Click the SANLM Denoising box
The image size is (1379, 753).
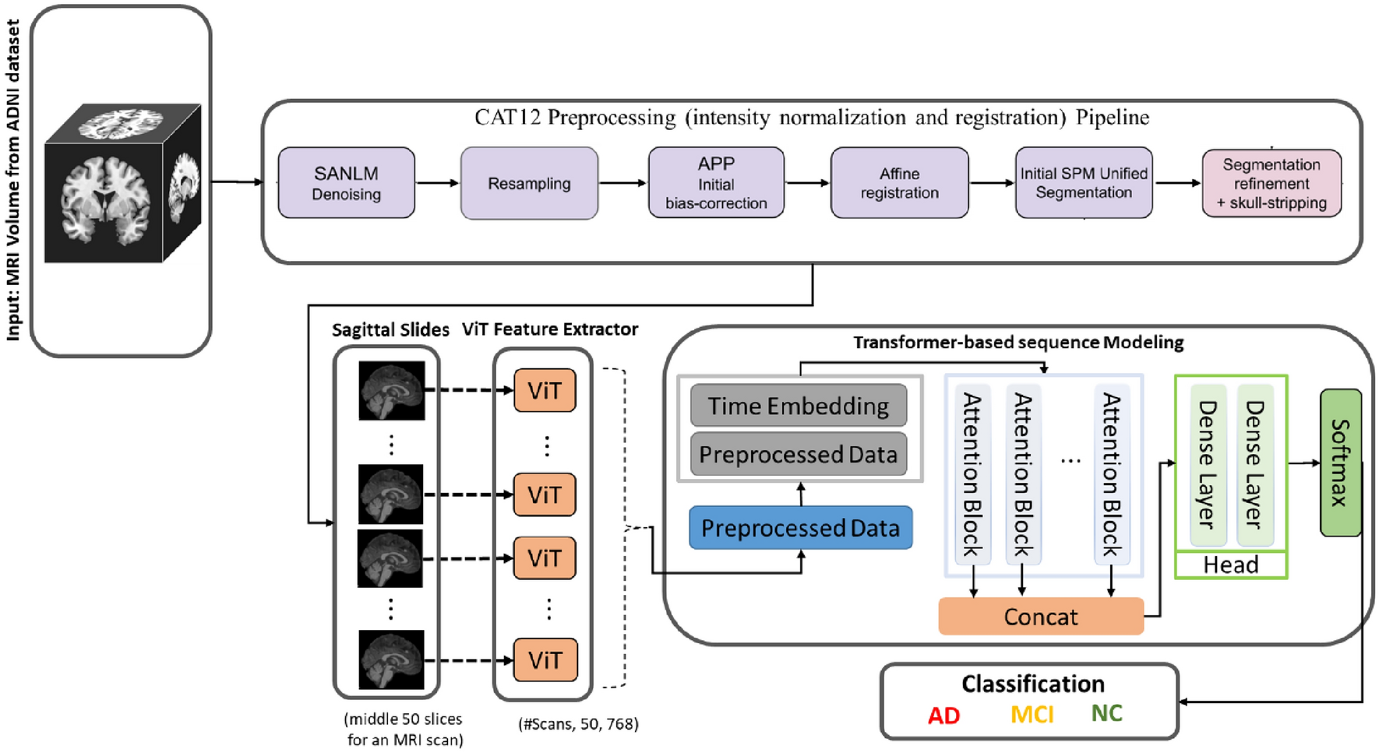[x=347, y=183]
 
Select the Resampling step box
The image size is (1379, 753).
[x=529, y=183]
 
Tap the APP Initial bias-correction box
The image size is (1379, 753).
[x=716, y=183]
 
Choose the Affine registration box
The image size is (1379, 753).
[x=900, y=183]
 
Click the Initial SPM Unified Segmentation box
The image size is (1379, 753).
[x=1084, y=183]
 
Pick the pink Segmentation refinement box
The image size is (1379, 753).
[x=1271, y=184]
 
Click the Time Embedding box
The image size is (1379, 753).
[x=799, y=406]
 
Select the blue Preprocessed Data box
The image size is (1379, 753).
[x=801, y=528]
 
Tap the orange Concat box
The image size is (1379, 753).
[x=1041, y=617]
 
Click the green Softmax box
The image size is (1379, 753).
[x=1341, y=463]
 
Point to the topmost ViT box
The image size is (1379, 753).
[x=545, y=390]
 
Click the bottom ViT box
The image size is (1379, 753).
[x=545, y=660]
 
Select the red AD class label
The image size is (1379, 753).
[x=943, y=716]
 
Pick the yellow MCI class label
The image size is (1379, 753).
[x=1032, y=714]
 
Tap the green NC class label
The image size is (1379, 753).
[x=1106, y=713]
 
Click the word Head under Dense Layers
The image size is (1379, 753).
[x=1231, y=565]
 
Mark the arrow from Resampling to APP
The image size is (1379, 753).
[x=623, y=183]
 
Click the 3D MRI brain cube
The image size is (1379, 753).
[x=123, y=184]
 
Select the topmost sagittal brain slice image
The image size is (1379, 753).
[x=392, y=390]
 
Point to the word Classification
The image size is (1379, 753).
[x=1033, y=684]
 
